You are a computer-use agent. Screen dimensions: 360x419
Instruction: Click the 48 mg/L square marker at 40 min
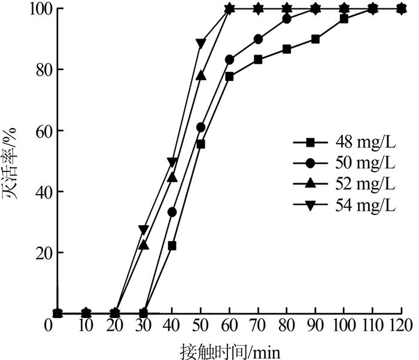click(x=172, y=246)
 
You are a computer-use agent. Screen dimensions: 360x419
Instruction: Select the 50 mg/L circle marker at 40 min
click(x=172, y=212)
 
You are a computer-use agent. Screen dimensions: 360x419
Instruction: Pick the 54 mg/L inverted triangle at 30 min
click(x=143, y=229)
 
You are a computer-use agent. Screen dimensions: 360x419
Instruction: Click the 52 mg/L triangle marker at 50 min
click(x=201, y=75)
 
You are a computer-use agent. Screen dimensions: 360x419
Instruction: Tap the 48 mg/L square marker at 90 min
click(x=315, y=39)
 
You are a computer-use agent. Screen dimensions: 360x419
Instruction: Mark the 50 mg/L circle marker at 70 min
click(x=258, y=39)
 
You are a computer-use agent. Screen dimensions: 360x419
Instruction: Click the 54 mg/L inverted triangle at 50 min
click(x=201, y=43)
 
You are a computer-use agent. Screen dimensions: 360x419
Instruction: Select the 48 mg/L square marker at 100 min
click(x=344, y=19)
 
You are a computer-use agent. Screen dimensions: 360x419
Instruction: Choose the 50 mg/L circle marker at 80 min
click(x=287, y=19)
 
